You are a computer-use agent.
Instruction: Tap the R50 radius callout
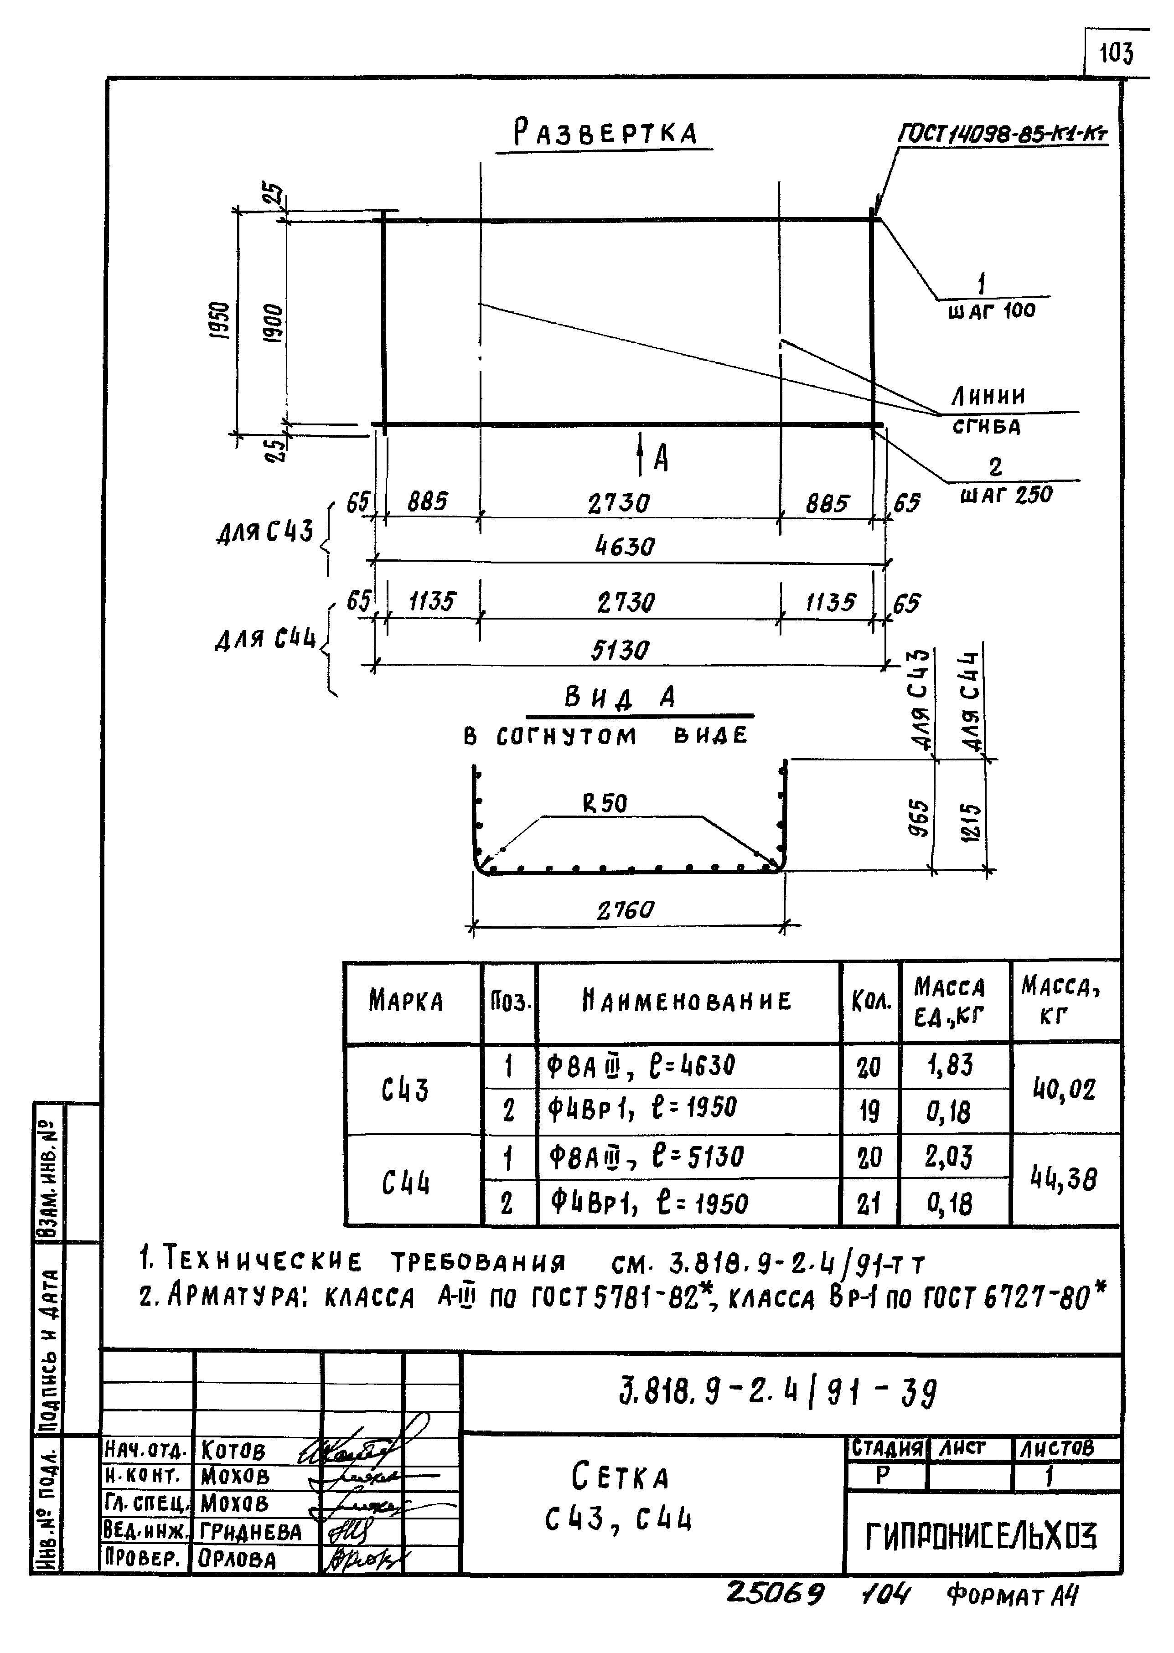tap(605, 803)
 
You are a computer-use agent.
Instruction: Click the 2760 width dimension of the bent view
tap(626, 909)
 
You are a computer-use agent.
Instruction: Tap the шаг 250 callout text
tap(1006, 495)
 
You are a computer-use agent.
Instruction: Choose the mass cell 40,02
tap(1064, 1089)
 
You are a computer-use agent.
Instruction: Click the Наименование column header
tap(687, 1001)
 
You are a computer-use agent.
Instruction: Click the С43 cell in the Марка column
tap(406, 1089)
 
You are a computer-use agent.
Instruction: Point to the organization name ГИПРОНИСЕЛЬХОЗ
tap(981, 1537)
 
